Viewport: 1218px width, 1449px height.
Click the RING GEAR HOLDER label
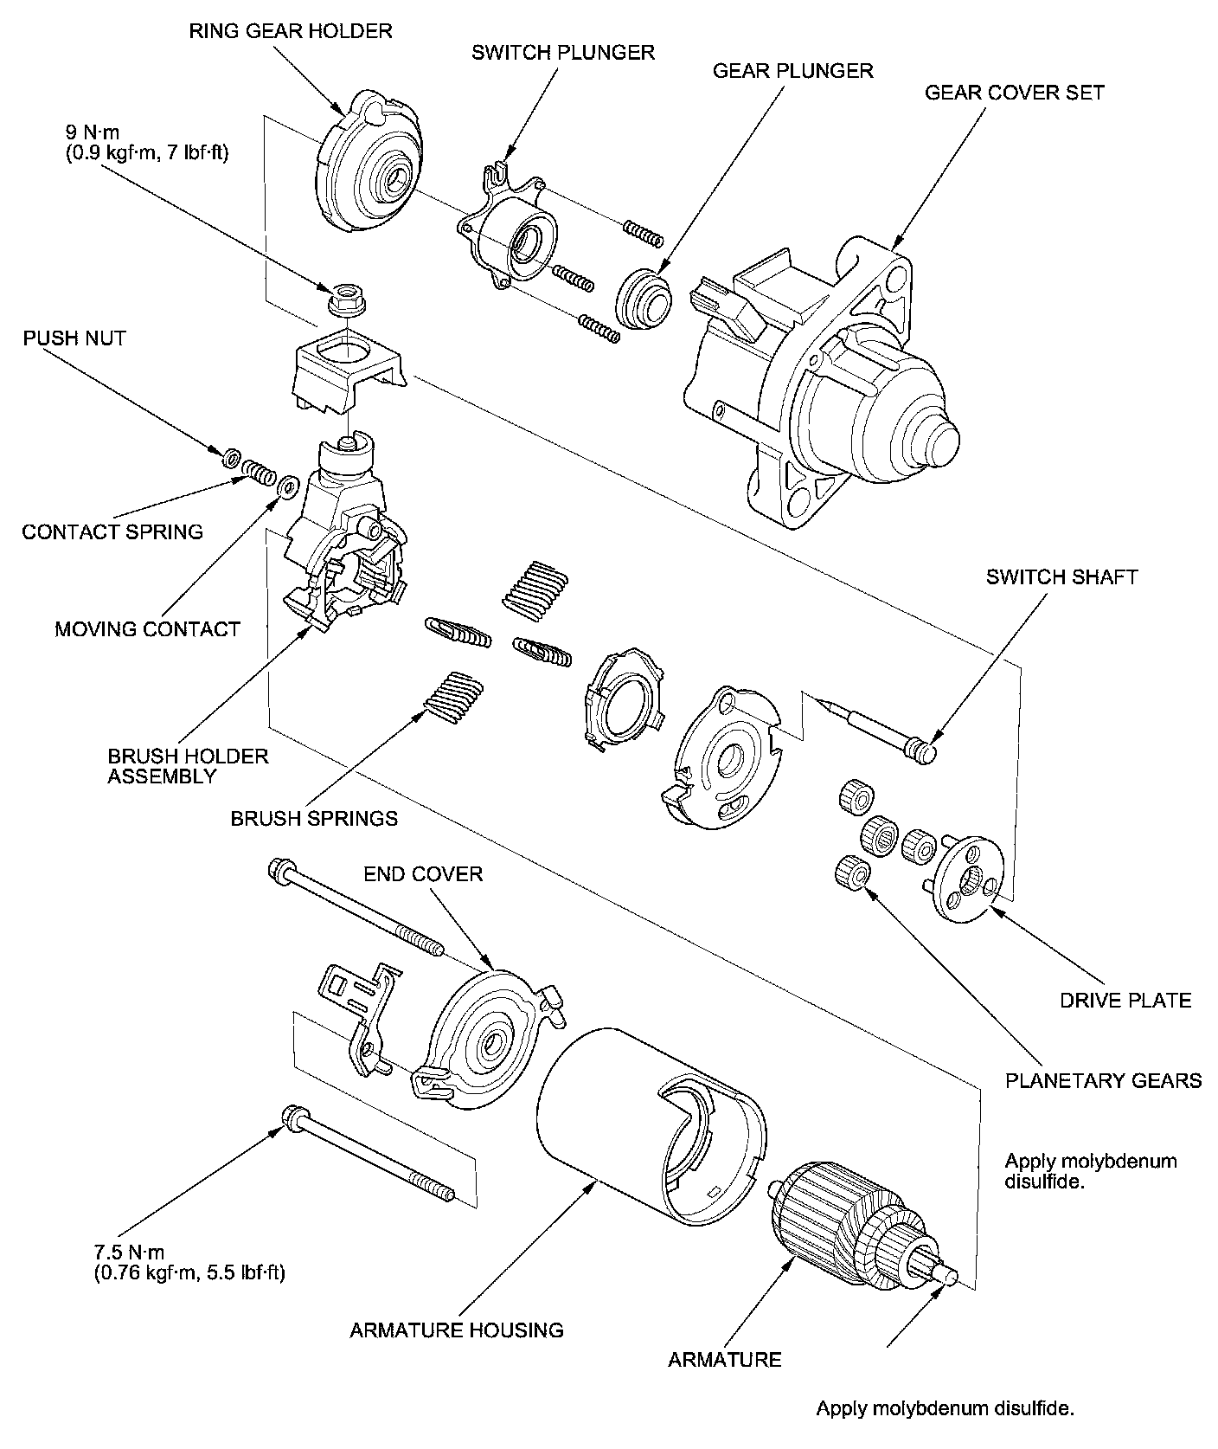(291, 31)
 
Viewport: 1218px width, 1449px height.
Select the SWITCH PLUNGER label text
(562, 52)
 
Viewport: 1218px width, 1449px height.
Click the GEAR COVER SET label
(1014, 92)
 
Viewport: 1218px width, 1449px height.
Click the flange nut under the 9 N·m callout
(344, 299)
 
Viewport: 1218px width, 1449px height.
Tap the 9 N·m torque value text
(93, 132)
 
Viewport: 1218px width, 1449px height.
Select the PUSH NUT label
(74, 338)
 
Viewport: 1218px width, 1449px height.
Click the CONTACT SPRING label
(112, 531)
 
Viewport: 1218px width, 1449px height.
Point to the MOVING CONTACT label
(147, 629)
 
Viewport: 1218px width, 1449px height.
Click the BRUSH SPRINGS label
(314, 818)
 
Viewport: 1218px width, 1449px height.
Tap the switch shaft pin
(874, 722)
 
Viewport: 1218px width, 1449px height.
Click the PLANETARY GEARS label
(1103, 1080)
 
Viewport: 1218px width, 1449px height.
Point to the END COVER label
(423, 874)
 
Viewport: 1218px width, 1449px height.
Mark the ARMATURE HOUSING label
(457, 1330)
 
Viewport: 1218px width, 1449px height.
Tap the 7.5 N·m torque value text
(129, 1252)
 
